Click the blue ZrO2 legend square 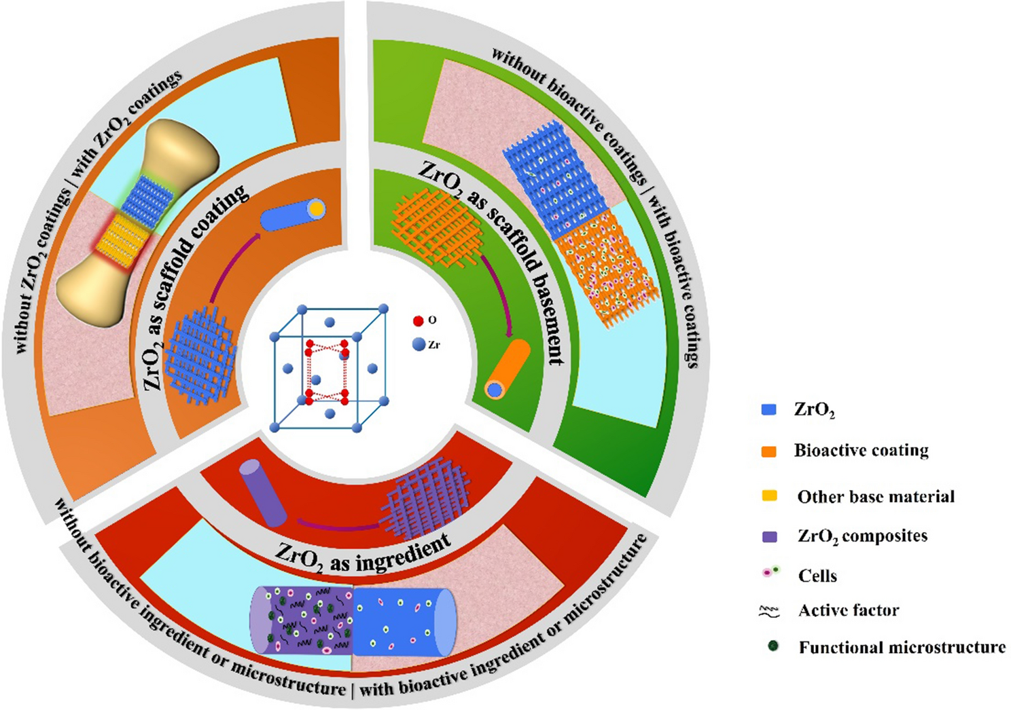[769, 410]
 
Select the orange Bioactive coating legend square [769, 451]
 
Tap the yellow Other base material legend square [769, 496]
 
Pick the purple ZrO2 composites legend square [769, 536]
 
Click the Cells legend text [817, 576]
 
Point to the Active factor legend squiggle [769, 612]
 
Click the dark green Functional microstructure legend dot [773, 646]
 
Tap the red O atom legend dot [419, 321]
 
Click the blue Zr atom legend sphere [419, 345]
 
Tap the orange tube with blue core [508, 370]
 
